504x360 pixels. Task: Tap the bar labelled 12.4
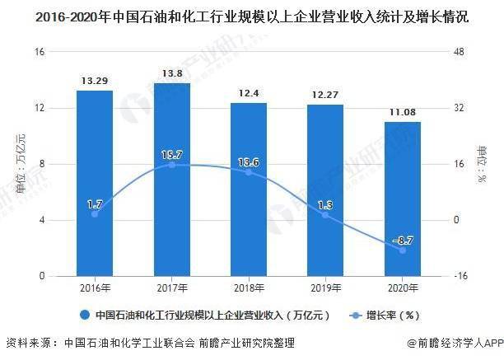pos(248,189)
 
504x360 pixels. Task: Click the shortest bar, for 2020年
pos(402,199)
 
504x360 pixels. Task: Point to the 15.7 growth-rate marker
pos(171,165)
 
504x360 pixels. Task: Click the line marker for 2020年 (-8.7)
pos(402,250)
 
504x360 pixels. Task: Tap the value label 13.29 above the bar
pos(95,81)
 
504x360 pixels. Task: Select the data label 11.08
pos(402,111)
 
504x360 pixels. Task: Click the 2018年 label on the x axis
pos(248,288)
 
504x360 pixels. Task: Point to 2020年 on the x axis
pos(402,288)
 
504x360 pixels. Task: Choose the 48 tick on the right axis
pos(460,52)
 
